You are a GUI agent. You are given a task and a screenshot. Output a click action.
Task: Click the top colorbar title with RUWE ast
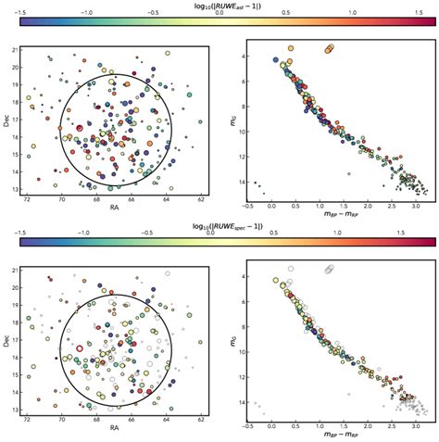[x=219, y=6]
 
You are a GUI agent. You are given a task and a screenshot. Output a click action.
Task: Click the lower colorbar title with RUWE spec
[x=219, y=227]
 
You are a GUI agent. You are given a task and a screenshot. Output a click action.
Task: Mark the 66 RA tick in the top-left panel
[x=132, y=197]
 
